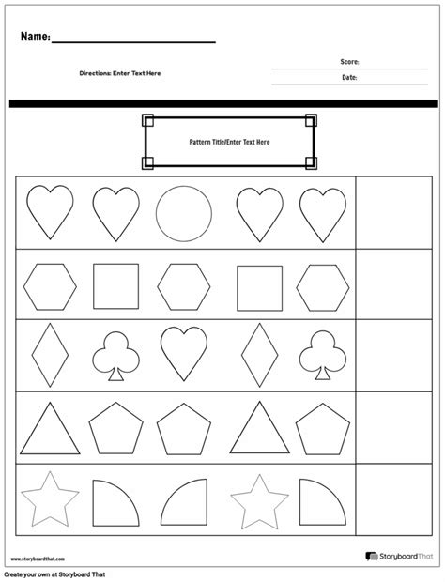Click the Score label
tap(349, 62)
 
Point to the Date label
tap(348, 79)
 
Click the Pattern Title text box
tap(229, 142)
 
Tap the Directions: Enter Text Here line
tap(119, 73)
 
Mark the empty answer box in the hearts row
tap(393, 213)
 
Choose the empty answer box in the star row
tap(393, 499)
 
